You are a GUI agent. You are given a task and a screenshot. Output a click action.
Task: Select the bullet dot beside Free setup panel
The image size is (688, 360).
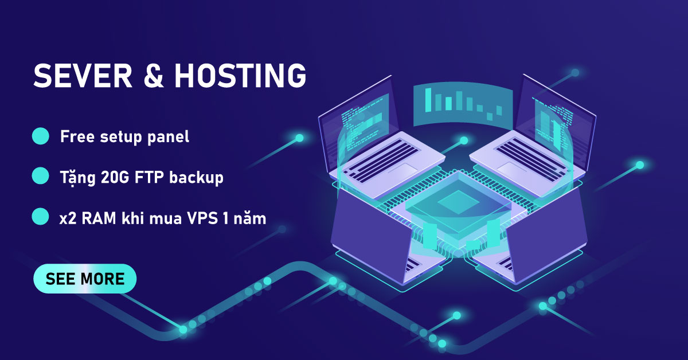point(40,137)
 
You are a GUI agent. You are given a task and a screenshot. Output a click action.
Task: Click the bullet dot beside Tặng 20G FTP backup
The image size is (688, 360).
point(40,177)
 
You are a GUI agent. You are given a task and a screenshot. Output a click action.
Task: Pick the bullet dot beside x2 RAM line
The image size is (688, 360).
point(40,217)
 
